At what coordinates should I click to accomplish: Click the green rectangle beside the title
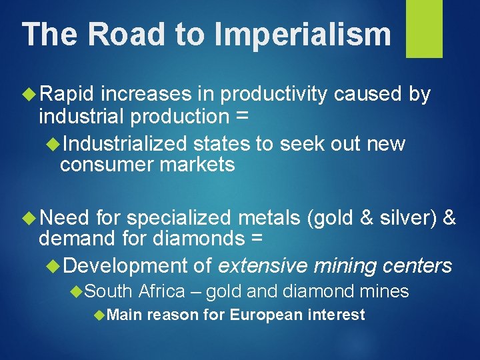tap(424, 29)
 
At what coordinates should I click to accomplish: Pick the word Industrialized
tap(124, 144)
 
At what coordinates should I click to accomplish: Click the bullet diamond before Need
tap(29, 217)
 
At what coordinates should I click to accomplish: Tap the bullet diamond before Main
tap(99, 315)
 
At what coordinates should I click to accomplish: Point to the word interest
tap(337, 315)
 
